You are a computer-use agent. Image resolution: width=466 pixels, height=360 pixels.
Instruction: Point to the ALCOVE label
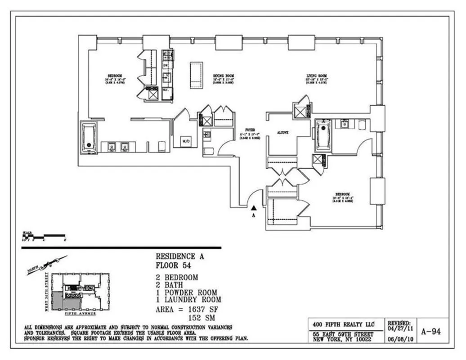(282, 133)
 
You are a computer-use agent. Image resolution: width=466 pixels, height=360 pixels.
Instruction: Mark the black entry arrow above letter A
(254, 208)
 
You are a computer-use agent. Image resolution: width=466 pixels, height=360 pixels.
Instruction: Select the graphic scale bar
(44, 236)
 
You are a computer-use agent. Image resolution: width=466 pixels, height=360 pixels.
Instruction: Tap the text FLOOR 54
(170, 265)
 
